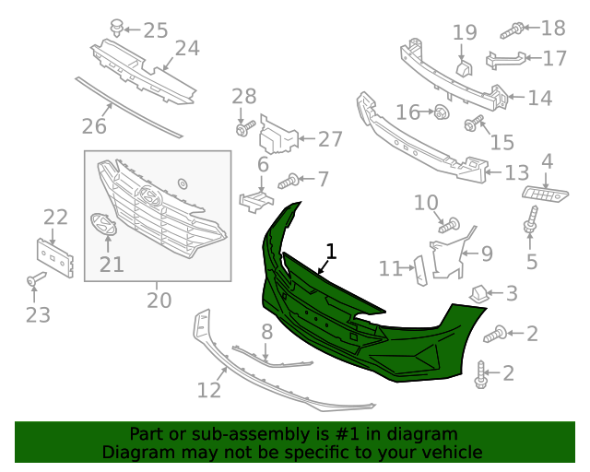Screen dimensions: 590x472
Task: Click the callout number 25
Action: coord(155,30)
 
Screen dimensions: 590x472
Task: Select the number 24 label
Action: coord(187,48)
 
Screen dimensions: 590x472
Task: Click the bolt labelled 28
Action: coord(242,130)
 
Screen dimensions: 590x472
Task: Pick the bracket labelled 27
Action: coord(277,136)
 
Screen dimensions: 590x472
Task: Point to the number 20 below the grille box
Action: coord(159,301)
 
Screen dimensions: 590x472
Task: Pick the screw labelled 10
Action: coord(449,223)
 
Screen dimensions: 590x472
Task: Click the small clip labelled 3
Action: coord(479,293)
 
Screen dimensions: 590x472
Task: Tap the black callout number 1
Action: coord(331,251)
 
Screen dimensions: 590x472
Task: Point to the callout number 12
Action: coord(209,390)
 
